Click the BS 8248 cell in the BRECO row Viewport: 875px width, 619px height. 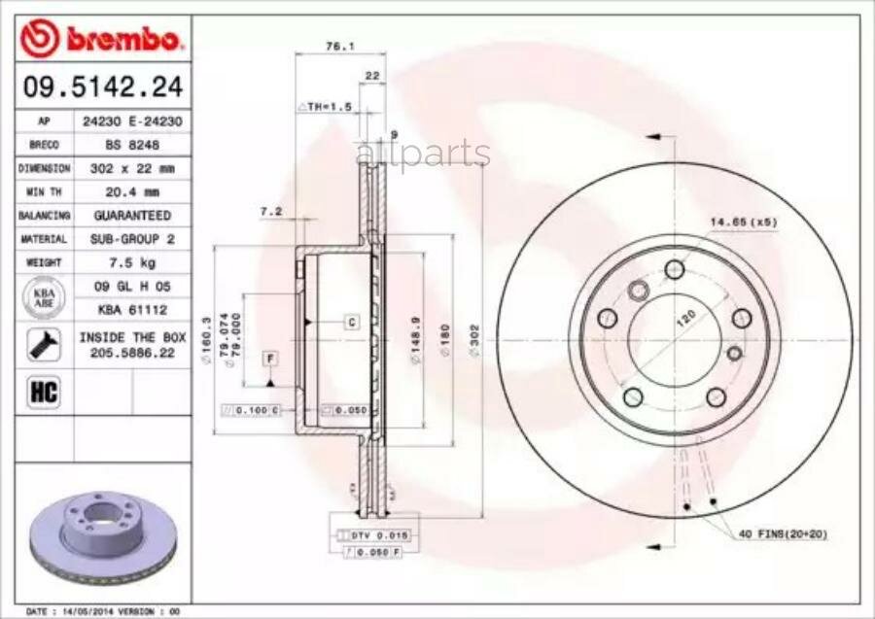coord(132,145)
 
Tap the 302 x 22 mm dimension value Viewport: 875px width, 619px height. coord(132,168)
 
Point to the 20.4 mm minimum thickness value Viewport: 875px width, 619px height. coord(132,191)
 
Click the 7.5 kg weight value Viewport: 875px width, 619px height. coord(132,262)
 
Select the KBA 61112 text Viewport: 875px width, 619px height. coord(132,309)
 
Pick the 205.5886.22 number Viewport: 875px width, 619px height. coord(132,355)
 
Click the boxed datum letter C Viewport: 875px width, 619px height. coord(351,322)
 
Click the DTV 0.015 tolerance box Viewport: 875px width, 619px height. coord(366,535)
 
